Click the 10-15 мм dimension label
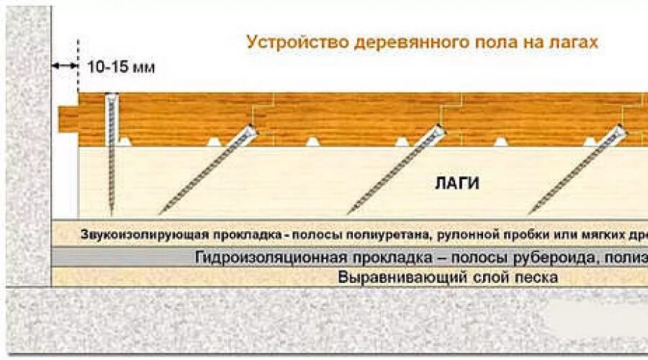tap(121, 67)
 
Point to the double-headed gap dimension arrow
tap(65, 66)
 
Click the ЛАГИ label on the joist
tap(457, 183)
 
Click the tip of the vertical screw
tap(111, 212)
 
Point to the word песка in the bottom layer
tap(534, 277)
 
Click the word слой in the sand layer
tap(480, 277)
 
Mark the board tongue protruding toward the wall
tap(68, 116)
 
